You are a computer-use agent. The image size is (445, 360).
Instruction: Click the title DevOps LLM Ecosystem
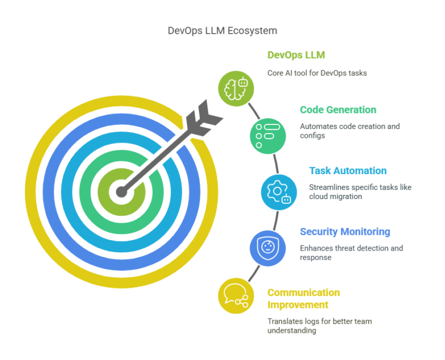tap(222, 31)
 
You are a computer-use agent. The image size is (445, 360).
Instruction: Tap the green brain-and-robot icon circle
tap(236, 89)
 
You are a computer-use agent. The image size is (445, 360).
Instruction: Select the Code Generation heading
tap(338, 110)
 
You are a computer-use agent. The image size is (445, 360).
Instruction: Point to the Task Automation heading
tap(348, 171)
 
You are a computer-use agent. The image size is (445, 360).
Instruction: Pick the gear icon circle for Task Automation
tap(279, 192)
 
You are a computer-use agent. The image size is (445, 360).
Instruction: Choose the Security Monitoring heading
tap(345, 232)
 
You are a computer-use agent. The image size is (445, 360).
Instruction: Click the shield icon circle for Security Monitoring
tap(268, 248)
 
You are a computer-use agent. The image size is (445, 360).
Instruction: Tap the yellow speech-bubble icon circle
tap(236, 295)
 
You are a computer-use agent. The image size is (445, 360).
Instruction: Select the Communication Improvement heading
tap(304, 299)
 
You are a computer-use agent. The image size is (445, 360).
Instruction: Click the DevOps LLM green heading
tap(296, 56)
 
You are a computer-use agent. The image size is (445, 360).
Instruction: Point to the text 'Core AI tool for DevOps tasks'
tap(317, 73)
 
